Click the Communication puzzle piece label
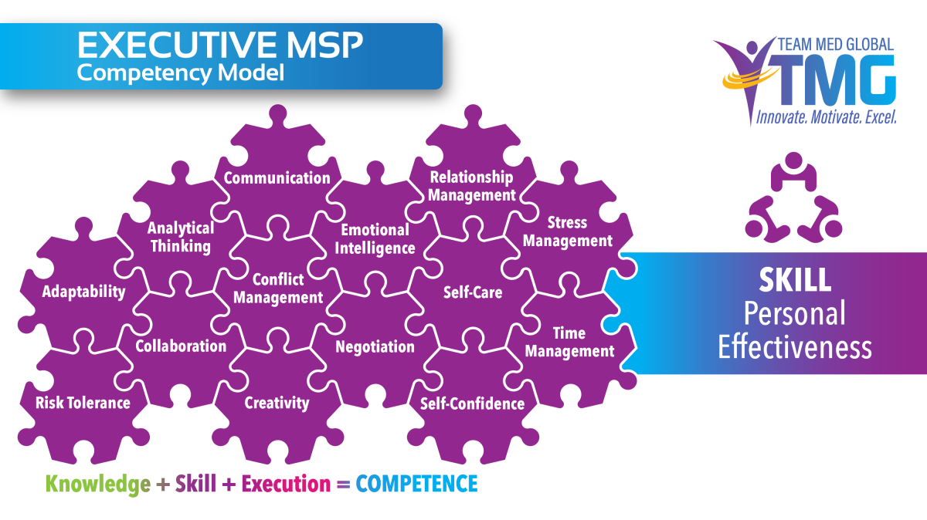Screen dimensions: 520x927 277,178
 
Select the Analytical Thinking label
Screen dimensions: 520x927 181,237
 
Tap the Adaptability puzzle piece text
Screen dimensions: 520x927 84,292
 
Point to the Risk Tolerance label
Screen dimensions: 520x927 83,402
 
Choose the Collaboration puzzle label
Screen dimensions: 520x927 181,346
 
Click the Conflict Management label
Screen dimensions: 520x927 278,288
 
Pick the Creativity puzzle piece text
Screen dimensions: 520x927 277,402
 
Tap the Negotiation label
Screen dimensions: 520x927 375,346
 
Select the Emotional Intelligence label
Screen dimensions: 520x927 375,238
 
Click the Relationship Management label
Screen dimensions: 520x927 471,186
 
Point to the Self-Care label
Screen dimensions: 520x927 473,292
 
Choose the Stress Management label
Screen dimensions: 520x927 567,231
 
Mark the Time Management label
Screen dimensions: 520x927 569,342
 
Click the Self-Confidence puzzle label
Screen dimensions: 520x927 472,404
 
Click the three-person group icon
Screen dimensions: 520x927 793,197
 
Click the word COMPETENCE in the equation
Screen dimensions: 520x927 417,484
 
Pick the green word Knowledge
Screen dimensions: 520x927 98,484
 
